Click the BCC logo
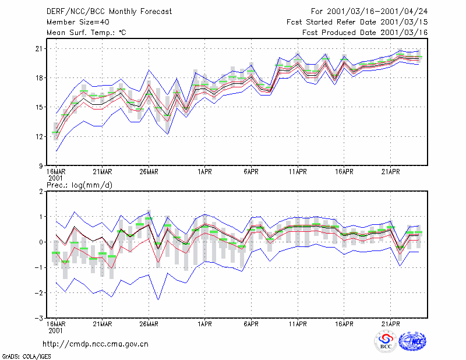coord(386,342)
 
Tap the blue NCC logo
coord(412,341)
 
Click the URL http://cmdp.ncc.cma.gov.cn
coord(96,344)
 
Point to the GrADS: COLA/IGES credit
coord(26,357)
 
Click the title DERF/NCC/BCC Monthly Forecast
coord(109,12)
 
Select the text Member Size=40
coord(78,22)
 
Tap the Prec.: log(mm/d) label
coord(79,185)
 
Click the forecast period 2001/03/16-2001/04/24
coord(369,12)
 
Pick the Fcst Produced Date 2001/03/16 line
coord(365,33)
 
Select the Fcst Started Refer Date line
coord(357,22)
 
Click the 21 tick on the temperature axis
coord(39,48)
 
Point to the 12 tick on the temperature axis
coord(39,136)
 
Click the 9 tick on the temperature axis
coord(41,166)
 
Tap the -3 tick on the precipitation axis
coord(38,319)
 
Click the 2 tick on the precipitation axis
coord(41,192)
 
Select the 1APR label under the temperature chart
coord(204,172)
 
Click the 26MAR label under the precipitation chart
coord(149,324)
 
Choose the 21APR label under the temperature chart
coord(390,172)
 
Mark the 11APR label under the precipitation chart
coord(298,324)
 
